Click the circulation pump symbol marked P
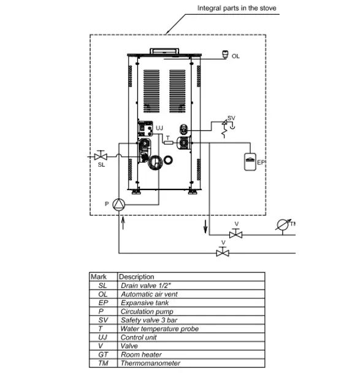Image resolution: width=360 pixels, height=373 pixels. pyautogui.click(x=118, y=204)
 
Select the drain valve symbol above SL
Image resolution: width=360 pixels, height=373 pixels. pyautogui.click(x=101, y=156)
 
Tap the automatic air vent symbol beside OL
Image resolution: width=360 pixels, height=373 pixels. pyautogui.click(x=225, y=54)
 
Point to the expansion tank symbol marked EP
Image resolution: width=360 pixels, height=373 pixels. pyautogui.click(x=250, y=162)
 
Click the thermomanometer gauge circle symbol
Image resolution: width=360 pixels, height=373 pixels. pyautogui.click(x=283, y=225)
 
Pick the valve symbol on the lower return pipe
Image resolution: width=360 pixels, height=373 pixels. pyautogui.click(x=223, y=252)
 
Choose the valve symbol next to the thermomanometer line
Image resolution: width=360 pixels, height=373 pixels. pyautogui.click(x=236, y=234)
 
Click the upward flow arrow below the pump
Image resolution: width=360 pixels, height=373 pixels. pyautogui.click(x=123, y=223)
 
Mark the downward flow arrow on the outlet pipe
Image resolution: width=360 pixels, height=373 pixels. pyautogui.click(x=205, y=227)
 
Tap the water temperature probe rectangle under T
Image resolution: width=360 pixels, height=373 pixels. pyautogui.click(x=169, y=142)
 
